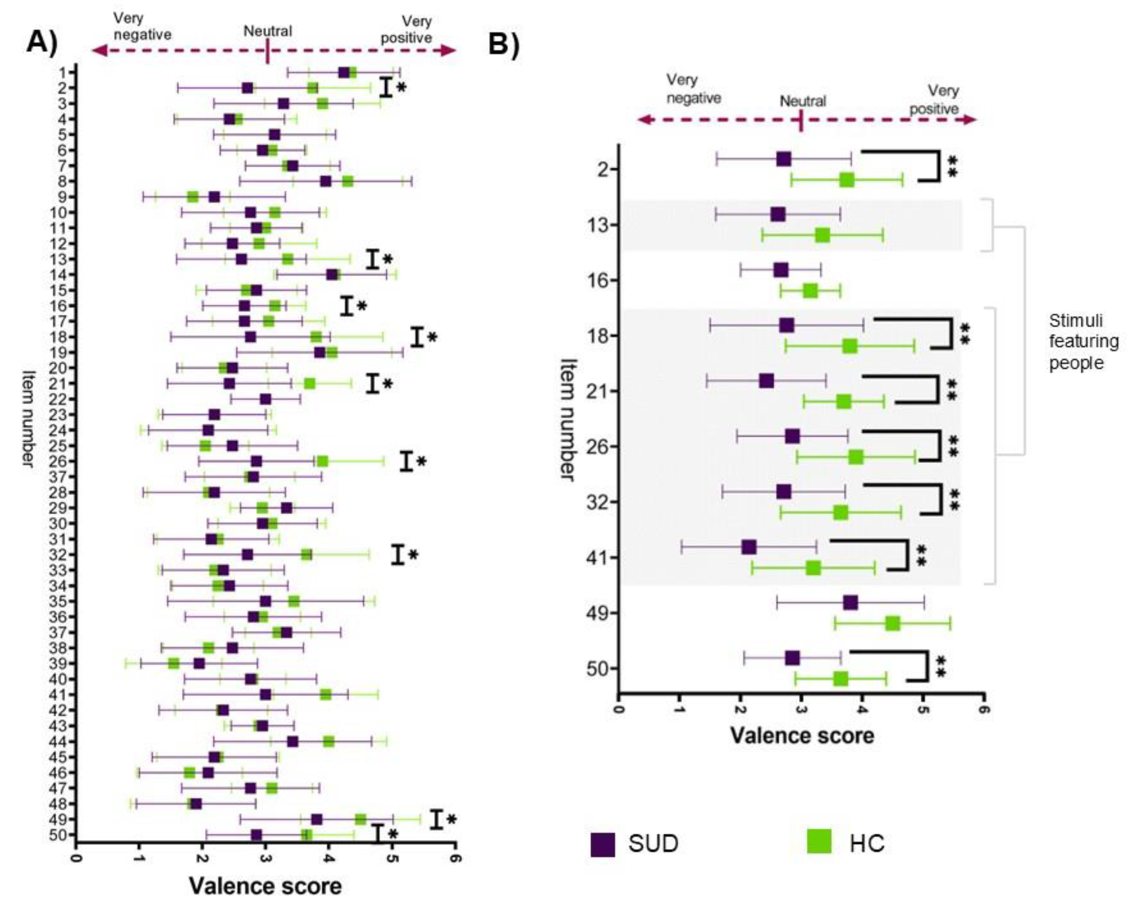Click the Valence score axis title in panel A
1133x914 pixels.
click(265, 886)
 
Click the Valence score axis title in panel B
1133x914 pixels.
click(802, 735)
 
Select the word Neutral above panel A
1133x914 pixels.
click(267, 31)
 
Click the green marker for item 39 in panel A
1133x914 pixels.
click(174, 663)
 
